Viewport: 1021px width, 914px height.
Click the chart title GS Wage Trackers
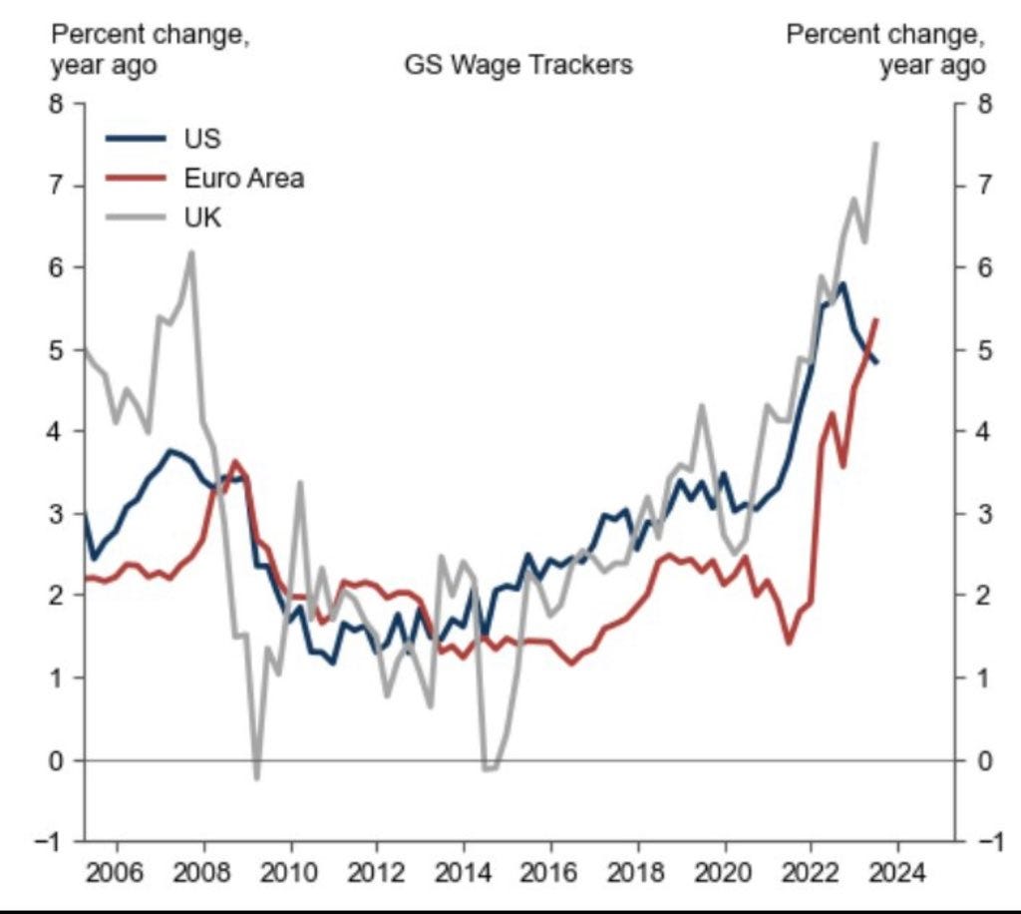(x=517, y=66)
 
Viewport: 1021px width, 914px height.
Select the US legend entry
(x=202, y=139)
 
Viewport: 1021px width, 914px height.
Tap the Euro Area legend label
(x=243, y=179)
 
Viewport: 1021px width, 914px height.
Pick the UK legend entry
(x=202, y=218)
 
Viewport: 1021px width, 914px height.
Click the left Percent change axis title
(x=151, y=50)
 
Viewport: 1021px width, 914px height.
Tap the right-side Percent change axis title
(x=885, y=50)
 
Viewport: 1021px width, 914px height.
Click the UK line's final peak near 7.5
(x=875, y=144)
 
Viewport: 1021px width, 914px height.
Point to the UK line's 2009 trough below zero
(x=256, y=777)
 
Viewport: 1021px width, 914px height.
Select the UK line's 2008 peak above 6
(x=191, y=252)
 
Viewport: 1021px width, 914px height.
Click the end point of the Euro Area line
(x=875, y=319)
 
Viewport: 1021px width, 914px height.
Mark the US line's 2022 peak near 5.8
(x=844, y=284)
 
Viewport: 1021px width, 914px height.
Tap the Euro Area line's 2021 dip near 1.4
(x=789, y=643)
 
